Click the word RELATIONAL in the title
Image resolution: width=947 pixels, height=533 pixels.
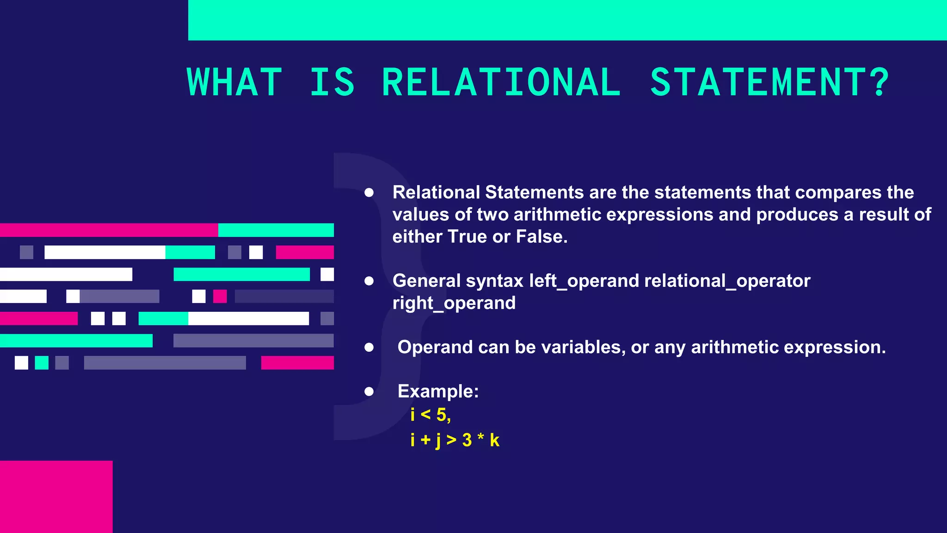(x=501, y=82)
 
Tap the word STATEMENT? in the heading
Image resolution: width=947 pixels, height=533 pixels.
(x=769, y=82)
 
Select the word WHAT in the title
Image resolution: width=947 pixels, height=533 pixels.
(x=234, y=82)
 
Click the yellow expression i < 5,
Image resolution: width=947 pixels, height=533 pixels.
(x=430, y=415)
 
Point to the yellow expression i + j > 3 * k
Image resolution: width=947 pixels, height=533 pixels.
(x=455, y=440)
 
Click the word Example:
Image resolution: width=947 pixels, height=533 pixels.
(x=438, y=391)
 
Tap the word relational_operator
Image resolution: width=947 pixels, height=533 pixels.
(x=727, y=281)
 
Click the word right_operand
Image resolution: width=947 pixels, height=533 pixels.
(x=454, y=303)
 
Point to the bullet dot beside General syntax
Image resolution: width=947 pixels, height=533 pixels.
(x=369, y=281)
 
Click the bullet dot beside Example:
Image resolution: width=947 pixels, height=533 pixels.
(x=369, y=392)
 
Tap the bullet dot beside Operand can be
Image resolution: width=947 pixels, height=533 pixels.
(x=369, y=347)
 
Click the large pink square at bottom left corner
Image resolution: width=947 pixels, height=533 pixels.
(x=56, y=496)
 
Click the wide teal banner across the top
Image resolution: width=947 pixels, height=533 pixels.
(x=567, y=20)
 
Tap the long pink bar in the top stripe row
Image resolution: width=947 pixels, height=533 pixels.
(x=109, y=230)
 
